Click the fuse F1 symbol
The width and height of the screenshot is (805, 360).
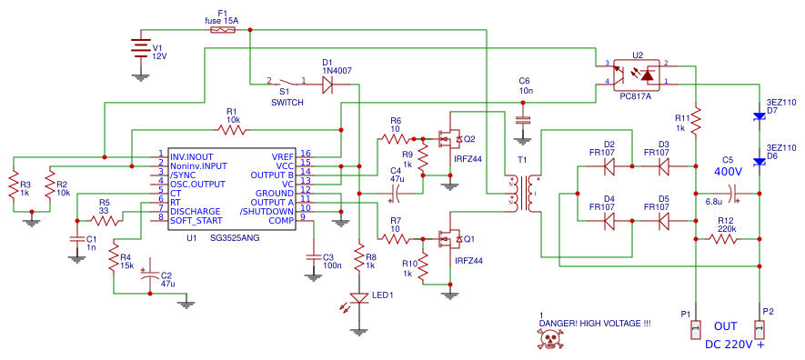pyautogui.click(x=224, y=29)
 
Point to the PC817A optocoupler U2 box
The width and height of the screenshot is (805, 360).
pyautogui.click(x=636, y=74)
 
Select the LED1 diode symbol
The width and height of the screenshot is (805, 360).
pyautogui.click(x=359, y=297)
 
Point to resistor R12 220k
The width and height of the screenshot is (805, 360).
pyautogui.click(x=725, y=238)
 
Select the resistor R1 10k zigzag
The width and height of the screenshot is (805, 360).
pyautogui.click(x=233, y=130)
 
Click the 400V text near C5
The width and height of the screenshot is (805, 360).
pyautogui.click(x=728, y=171)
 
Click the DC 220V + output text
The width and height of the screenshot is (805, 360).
pyautogui.click(x=735, y=345)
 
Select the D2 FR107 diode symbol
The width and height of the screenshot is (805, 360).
pyautogui.click(x=609, y=166)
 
